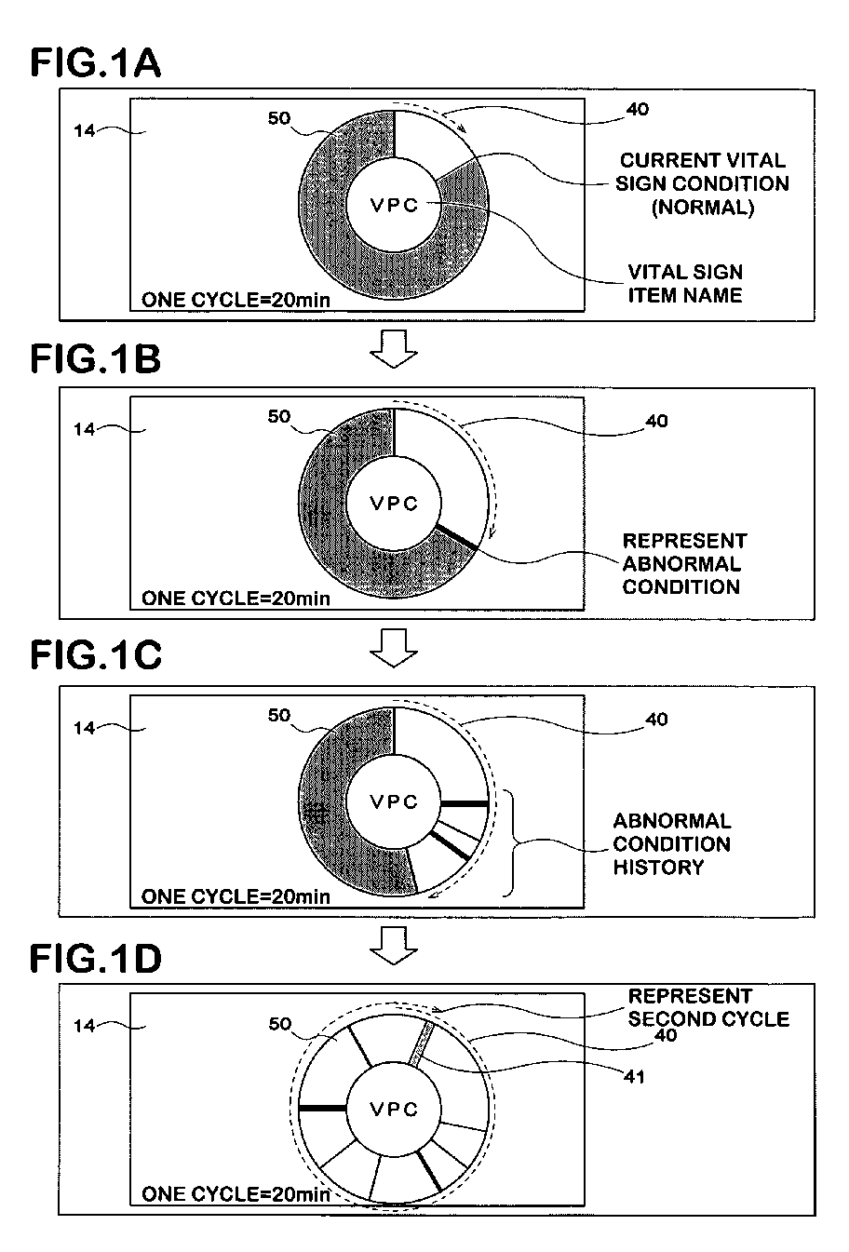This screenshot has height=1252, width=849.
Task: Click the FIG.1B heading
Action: pos(96,358)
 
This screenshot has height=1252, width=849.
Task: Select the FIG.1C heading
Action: pos(97,655)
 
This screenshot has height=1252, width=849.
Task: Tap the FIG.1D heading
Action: pos(97,958)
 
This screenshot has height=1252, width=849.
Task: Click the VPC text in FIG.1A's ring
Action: pos(395,206)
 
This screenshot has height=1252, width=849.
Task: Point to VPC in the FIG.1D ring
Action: pos(395,1109)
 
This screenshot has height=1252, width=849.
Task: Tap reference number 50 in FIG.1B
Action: pos(279,417)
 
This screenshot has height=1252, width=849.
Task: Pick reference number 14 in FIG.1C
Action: pos(85,728)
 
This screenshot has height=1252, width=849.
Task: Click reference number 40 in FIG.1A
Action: pos(638,109)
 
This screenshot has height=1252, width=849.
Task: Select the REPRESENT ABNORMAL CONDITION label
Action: pos(684,563)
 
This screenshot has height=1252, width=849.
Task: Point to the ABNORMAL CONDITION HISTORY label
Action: pos(671,843)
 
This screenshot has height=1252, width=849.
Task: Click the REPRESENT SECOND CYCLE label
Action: pos(708,1007)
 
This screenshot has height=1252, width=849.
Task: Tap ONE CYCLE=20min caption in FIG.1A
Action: pos(236,299)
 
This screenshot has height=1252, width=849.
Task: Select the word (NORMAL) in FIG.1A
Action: pos(701,208)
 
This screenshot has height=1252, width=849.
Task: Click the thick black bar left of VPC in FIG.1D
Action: pos(322,1108)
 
